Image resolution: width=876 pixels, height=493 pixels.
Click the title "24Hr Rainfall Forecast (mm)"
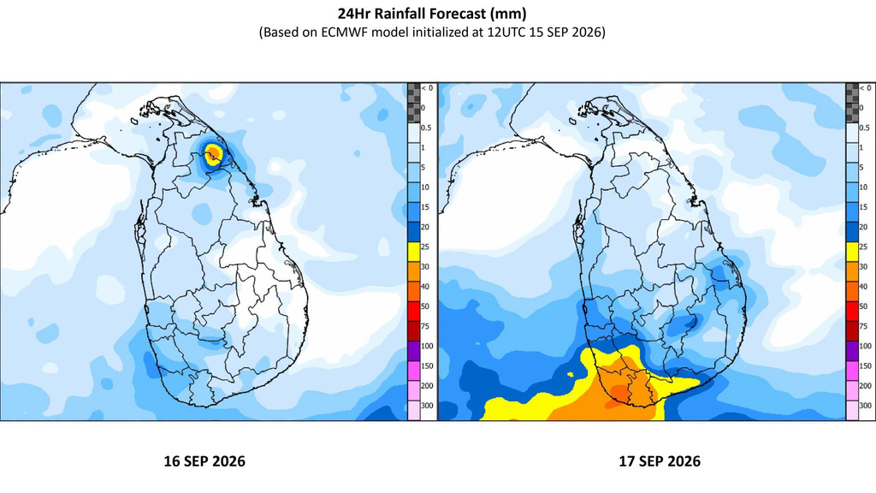[x=432, y=13]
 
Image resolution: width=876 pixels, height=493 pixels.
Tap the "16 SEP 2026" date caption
[x=204, y=461]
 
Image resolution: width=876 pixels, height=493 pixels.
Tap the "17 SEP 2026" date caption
[x=660, y=461]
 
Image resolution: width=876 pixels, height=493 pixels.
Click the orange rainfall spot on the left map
[x=213, y=152]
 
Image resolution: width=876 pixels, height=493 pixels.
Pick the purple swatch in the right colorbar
[x=851, y=347]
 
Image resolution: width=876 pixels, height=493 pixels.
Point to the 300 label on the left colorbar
[x=427, y=406]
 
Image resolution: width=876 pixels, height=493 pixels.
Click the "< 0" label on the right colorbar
[x=865, y=88]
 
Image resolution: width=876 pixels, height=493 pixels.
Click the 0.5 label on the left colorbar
[x=426, y=128]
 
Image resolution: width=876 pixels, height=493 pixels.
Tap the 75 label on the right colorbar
[x=863, y=326]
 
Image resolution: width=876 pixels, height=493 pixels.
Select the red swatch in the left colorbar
[x=413, y=306]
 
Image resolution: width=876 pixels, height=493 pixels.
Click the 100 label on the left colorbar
[x=427, y=346]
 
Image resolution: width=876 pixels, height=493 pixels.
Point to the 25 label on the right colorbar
[x=863, y=247]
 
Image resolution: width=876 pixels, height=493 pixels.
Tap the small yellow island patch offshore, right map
[x=571, y=375]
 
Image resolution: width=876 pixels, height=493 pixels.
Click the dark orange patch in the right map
[x=621, y=391]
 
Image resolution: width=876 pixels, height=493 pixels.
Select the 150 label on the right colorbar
[x=865, y=366]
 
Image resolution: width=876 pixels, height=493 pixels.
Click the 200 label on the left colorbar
[x=427, y=386]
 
